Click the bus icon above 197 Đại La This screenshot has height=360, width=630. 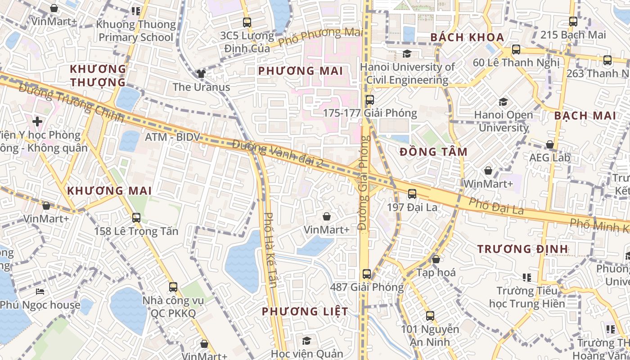coord(412,194)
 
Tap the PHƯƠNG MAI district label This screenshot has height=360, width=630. coord(301,71)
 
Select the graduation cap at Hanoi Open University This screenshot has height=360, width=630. coord(503,102)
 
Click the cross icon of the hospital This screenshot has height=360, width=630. coord(37,121)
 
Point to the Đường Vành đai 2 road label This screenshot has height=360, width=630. coord(278,154)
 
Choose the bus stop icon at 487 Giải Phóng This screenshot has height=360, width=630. coord(367,274)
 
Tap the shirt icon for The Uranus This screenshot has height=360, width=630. coord(201,74)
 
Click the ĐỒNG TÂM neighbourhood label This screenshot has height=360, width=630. coord(433,152)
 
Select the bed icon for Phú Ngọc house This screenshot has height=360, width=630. coord(40,292)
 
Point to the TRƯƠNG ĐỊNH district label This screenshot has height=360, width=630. coord(522,249)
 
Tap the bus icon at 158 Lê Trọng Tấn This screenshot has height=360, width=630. coord(136,218)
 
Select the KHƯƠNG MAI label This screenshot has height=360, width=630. coord(109,191)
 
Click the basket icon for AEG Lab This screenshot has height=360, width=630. coord(549,144)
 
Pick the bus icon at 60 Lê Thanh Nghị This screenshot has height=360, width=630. coord(516,49)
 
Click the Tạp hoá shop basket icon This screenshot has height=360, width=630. coord(436,259)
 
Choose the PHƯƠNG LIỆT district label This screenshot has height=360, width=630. coord(305,311)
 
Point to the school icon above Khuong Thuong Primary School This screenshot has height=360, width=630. coord(136,11)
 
